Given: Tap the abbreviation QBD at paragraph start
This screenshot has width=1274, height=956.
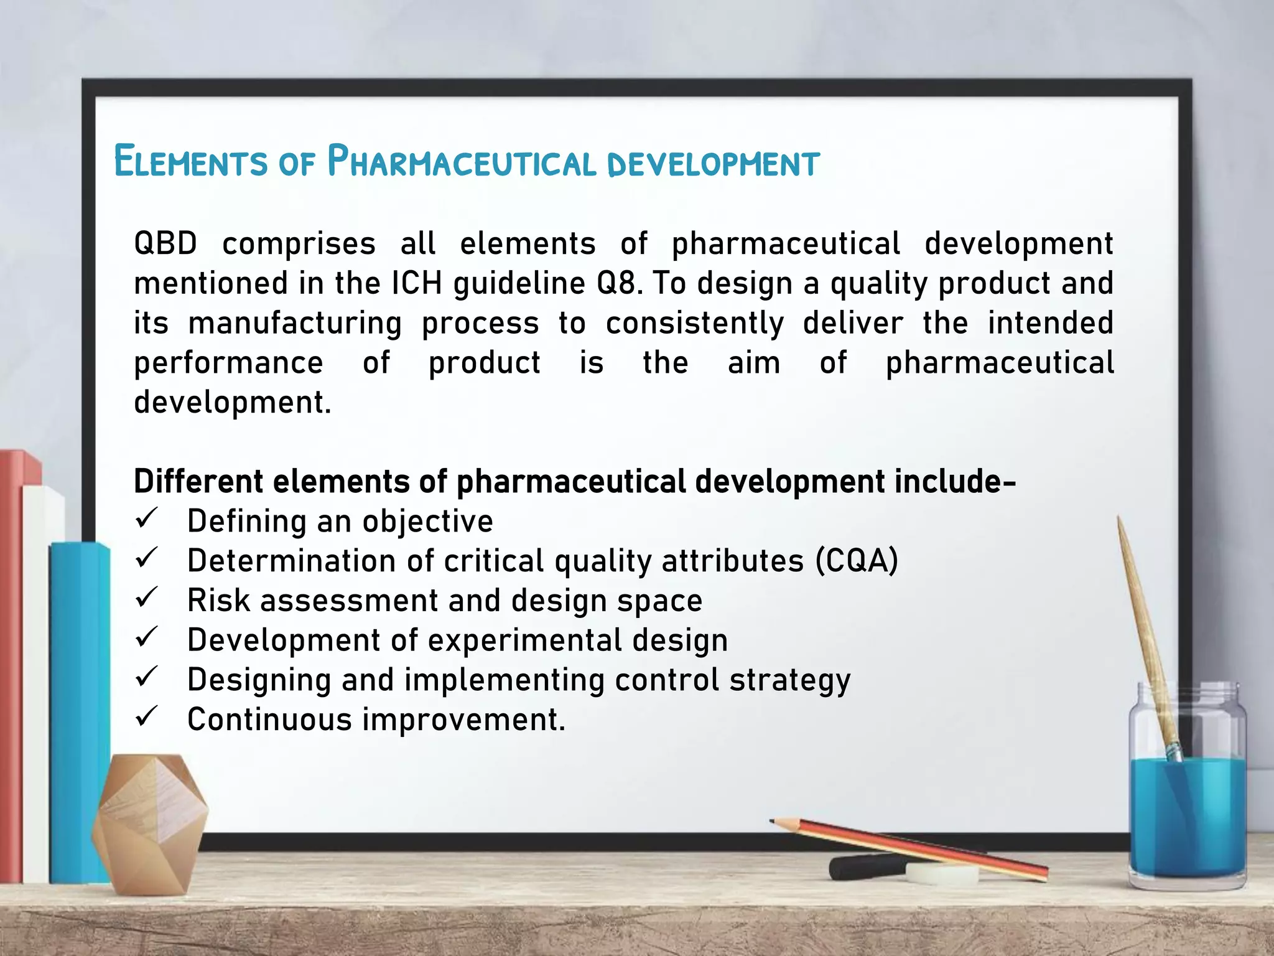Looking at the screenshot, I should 165,243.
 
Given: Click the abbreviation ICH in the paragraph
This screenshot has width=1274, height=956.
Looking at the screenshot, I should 417,283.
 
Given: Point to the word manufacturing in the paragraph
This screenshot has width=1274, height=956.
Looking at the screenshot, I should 295,324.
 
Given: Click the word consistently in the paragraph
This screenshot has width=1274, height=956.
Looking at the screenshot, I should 695,324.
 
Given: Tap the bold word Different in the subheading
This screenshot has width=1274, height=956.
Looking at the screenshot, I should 198,481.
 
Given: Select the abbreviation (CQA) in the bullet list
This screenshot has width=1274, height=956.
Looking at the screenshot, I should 857,561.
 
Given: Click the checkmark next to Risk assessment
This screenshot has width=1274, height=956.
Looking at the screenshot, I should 147,598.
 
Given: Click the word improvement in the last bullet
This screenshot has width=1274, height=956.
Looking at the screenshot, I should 463,719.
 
